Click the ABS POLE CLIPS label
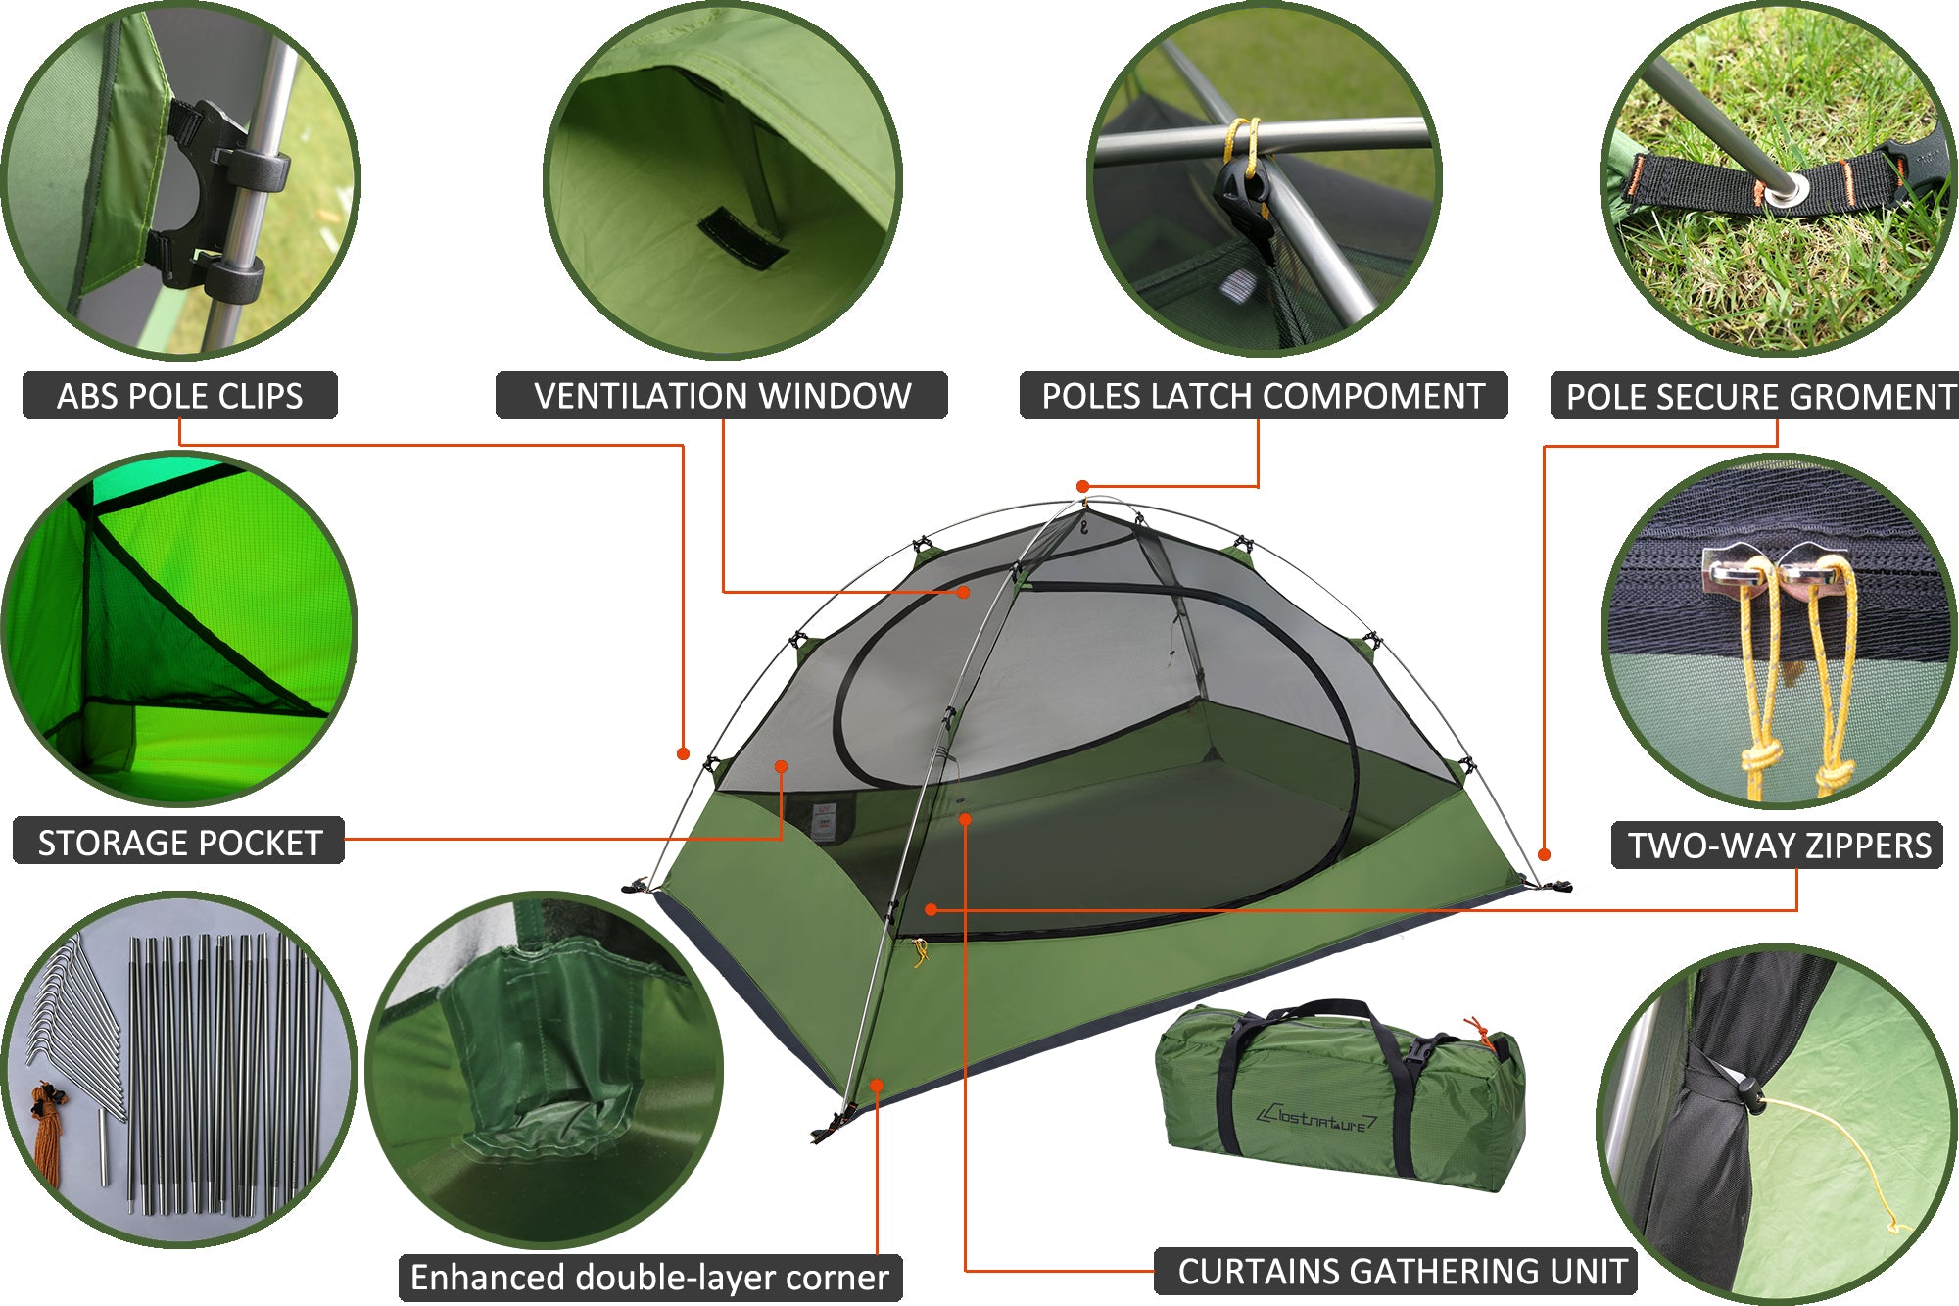(180, 396)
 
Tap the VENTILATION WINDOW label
(722, 396)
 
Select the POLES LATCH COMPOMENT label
(1264, 396)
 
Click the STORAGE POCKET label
(179, 842)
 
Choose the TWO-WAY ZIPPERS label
(1778, 846)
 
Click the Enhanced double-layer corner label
(649, 1278)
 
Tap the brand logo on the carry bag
(1318, 1117)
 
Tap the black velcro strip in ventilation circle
(742, 239)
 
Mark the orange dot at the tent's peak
(1082, 487)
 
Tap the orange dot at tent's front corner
(877, 1085)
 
